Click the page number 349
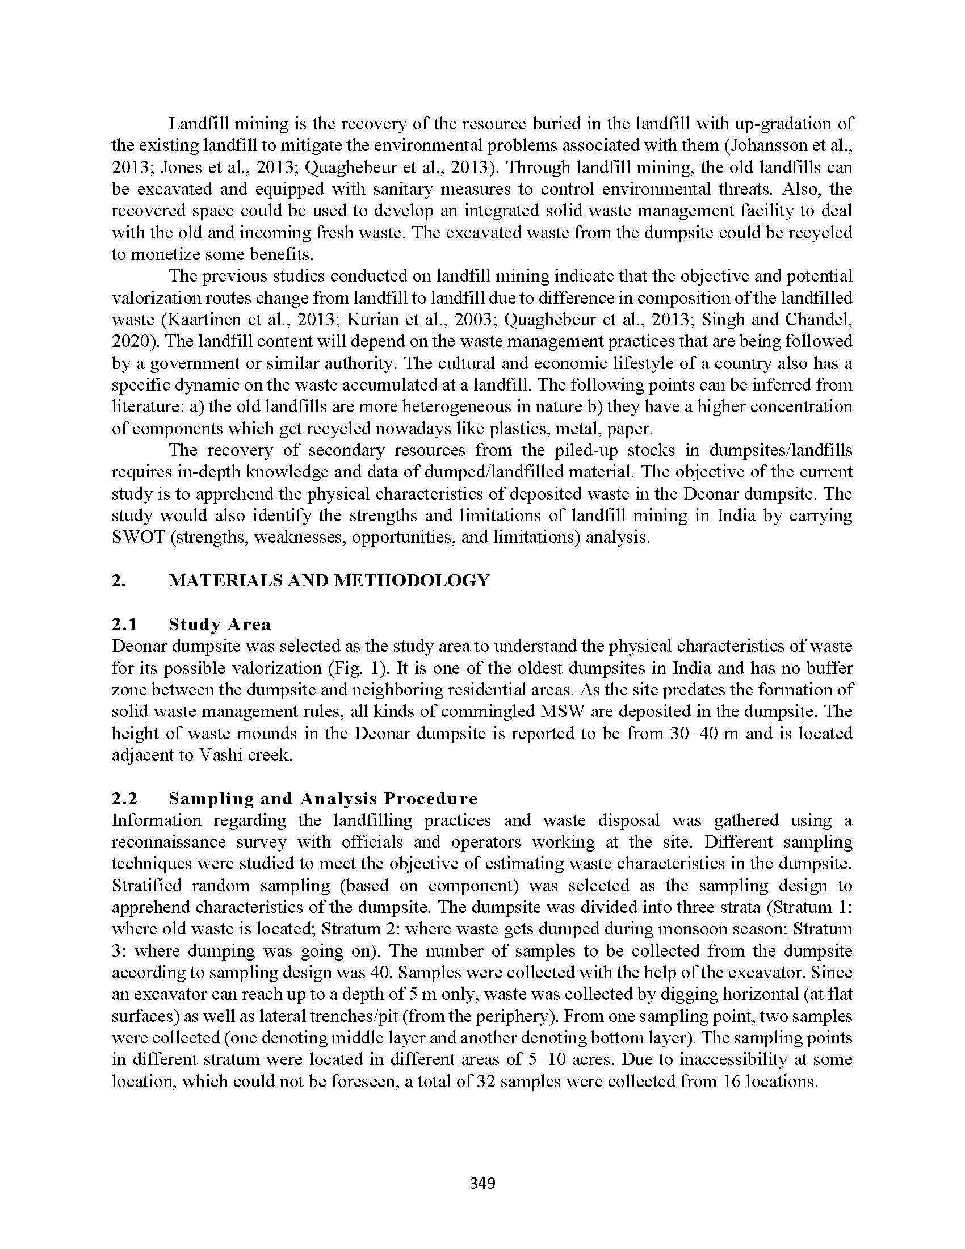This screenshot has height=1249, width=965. coord(482,1183)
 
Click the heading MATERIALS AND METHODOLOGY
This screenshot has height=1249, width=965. coord(329,580)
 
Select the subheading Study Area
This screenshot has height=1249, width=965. coord(220,624)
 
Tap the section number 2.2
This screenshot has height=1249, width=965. coord(125,798)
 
